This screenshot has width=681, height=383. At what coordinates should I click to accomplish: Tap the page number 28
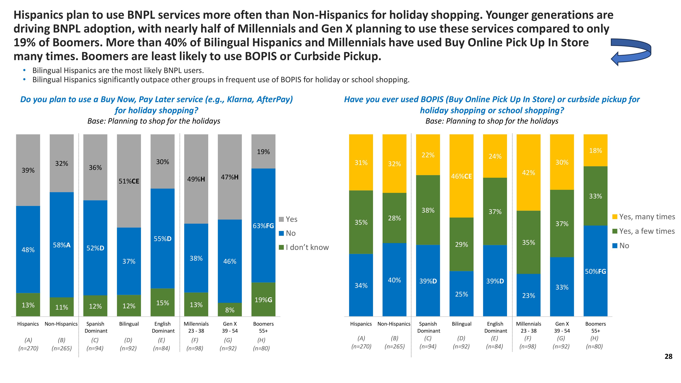tap(668, 357)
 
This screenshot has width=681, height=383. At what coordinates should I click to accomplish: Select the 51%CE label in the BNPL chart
tap(129, 181)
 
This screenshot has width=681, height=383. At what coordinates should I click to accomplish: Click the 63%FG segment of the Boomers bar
tap(263, 226)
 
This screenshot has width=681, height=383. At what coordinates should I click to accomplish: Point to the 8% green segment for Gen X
tap(230, 310)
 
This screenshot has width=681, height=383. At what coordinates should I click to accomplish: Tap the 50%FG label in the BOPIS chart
tap(595, 272)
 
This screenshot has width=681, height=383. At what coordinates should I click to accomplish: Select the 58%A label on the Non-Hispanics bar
tap(62, 245)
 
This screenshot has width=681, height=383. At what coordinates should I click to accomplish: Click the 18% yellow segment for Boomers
tap(595, 151)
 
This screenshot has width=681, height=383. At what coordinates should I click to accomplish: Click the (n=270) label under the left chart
tap(28, 348)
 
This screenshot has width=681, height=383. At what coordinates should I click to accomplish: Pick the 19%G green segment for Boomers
tap(263, 300)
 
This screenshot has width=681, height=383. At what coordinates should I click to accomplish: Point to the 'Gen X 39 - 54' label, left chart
tap(230, 327)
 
